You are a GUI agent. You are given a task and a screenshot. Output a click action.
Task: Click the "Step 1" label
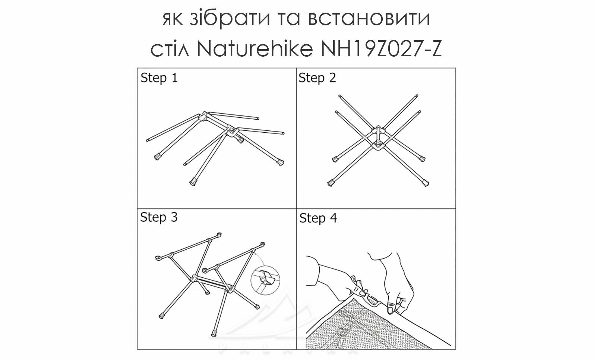(159, 78)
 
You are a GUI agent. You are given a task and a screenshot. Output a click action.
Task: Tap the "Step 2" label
(317, 78)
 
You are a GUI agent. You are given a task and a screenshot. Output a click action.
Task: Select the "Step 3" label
(159, 217)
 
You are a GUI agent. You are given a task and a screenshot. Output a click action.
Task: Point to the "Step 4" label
(318, 218)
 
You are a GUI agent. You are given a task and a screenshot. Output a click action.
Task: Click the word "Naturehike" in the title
(255, 49)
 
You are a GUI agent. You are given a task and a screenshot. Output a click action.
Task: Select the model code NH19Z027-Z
(381, 49)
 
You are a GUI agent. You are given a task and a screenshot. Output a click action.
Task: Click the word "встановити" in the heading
(369, 19)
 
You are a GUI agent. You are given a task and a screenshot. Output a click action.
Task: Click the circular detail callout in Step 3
(265, 280)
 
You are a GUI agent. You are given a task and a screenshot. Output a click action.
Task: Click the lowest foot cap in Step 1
(193, 182)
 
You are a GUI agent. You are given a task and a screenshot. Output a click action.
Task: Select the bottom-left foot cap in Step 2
(331, 183)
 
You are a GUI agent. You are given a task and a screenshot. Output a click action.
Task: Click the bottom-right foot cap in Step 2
(425, 183)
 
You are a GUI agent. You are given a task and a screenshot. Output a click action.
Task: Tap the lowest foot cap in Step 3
(214, 333)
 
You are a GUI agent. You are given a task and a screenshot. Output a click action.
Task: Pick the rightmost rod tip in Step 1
(283, 133)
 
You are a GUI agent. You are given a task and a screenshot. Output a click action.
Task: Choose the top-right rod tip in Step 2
(417, 95)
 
